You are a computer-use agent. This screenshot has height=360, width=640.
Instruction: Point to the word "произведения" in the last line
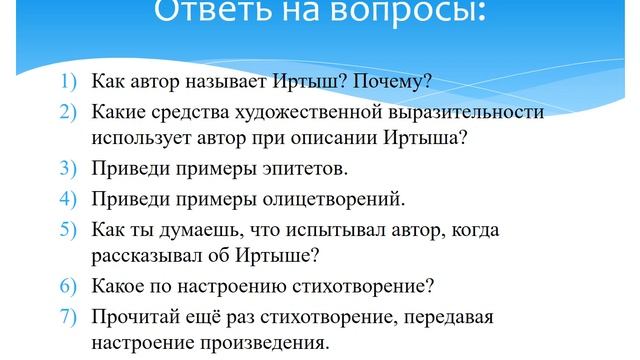click(271, 341)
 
